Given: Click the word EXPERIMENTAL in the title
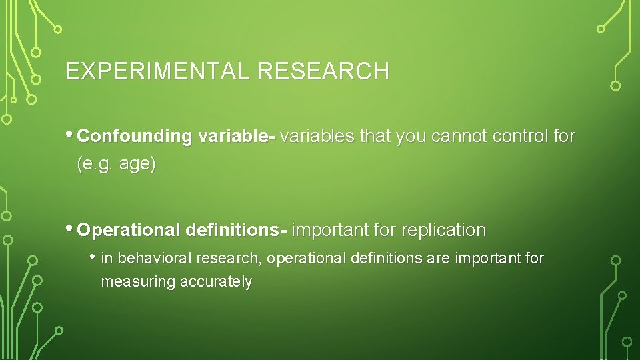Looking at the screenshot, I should [158, 71].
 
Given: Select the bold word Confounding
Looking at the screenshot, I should [135, 137].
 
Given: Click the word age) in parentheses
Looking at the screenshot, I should [137, 165].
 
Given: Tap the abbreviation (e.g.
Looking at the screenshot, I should [96, 165].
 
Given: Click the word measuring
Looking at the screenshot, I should [137, 282].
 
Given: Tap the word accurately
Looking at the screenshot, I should [215, 282].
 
